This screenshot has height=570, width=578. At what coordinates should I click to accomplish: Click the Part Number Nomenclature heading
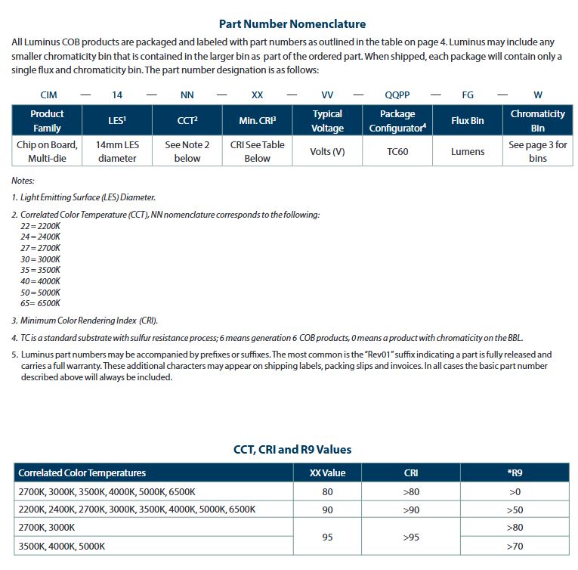pyautogui.click(x=292, y=24)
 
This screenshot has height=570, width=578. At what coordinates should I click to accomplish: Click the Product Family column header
pyautogui.click(x=47, y=120)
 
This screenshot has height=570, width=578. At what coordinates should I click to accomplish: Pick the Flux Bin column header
pyautogui.click(x=468, y=120)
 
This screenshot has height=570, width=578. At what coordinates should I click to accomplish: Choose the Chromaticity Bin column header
pyautogui.click(x=537, y=120)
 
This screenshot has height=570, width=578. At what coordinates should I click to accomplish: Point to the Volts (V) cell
pyautogui.click(x=327, y=151)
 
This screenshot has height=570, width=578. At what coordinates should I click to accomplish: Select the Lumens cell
pyautogui.click(x=468, y=151)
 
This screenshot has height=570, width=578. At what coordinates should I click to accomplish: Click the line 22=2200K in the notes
pyautogui.click(x=41, y=226)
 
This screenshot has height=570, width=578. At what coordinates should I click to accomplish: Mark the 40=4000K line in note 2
pyautogui.click(x=41, y=280)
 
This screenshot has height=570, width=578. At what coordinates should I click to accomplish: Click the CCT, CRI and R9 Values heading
pyautogui.click(x=292, y=449)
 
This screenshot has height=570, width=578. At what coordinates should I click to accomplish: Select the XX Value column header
pyautogui.click(x=327, y=473)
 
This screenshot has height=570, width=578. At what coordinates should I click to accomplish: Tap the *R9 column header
pyautogui.click(x=515, y=473)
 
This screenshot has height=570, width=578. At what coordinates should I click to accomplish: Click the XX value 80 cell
pyautogui.click(x=327, y=491)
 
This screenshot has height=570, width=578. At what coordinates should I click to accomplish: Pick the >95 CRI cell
pyautogui.click(x=411, y=537)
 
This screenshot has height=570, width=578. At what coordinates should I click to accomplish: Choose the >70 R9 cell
pyautogui.click(x=515, y=546)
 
